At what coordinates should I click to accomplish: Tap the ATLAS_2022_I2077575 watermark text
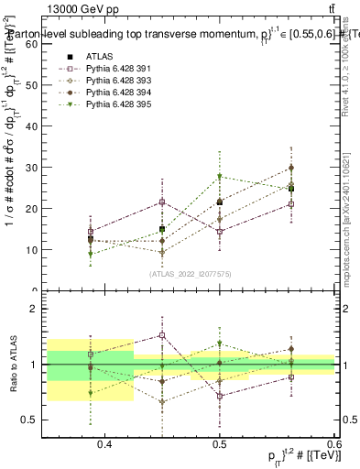pyautogui.click(x=190, y=274)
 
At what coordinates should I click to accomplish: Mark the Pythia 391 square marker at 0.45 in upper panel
pyautogui.click(x=162, y=202)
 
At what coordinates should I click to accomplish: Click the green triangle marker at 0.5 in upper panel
pyautogui.click(x=220, y=177)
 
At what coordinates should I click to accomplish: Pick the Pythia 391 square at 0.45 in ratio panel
pyautogui.click(x=162, y=335)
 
